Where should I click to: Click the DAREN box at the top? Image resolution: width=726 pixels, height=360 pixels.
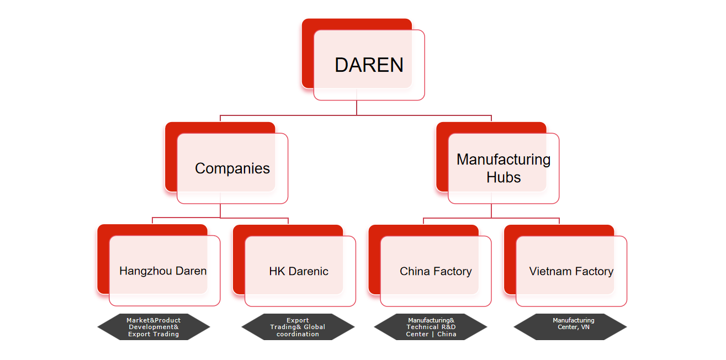369,65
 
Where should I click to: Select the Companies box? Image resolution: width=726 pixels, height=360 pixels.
232,168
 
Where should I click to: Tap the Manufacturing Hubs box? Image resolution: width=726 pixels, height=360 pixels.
504,168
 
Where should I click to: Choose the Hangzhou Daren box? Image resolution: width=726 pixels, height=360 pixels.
164,271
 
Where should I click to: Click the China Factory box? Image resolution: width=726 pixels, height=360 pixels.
436,271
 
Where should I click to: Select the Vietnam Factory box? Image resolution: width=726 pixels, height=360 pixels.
571,271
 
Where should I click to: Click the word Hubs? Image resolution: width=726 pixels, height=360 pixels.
504,177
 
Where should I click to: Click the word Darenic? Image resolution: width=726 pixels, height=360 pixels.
309,271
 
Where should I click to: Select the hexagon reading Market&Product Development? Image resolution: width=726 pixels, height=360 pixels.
153,327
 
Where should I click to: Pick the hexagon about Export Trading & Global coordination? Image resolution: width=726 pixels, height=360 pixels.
298,327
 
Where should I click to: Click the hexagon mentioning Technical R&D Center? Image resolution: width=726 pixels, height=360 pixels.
431,327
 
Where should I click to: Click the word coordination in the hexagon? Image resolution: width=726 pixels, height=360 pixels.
298,334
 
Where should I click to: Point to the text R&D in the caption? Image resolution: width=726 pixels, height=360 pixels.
448,327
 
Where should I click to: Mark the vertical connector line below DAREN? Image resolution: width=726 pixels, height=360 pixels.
357,108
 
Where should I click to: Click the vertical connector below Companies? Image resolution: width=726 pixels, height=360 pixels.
220,211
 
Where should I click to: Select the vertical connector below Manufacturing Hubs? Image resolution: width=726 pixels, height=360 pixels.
491,211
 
